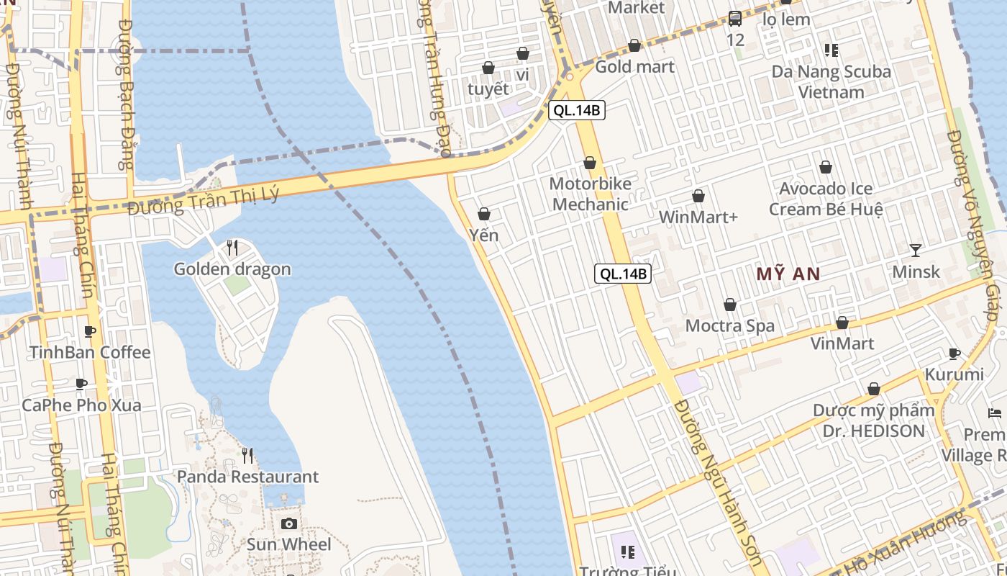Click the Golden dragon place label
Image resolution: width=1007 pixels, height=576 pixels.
click(232, 269)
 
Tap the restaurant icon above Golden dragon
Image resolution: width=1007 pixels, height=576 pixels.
click(232, 248)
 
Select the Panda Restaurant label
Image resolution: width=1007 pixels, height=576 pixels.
click(247, 477)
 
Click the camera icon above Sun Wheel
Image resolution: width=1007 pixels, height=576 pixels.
click(289, 523)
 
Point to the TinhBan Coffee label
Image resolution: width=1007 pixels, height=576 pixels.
click(90, 352)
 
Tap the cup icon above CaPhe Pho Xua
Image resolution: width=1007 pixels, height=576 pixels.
click(81, 384)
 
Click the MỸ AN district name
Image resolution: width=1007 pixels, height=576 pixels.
click(788, 274)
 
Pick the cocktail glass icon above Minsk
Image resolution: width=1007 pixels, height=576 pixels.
click(916, 250)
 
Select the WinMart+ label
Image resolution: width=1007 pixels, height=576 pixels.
click(698, 217)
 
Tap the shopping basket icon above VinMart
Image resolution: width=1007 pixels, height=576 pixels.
click(842, 323)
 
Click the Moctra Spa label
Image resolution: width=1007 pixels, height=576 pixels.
click(730, 325)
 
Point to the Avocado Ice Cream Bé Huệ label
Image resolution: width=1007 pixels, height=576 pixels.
click(826, 199)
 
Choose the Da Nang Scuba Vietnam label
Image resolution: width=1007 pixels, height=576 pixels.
click(831, 81)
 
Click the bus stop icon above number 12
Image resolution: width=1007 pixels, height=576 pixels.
click(735, 19)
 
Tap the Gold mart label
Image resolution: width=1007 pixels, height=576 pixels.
click(634, 67)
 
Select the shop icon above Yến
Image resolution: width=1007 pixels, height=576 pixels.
click(484, 214)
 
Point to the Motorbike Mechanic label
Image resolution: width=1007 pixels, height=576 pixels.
click(591, 194)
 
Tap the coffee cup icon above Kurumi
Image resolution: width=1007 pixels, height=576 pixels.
click(954, 354)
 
